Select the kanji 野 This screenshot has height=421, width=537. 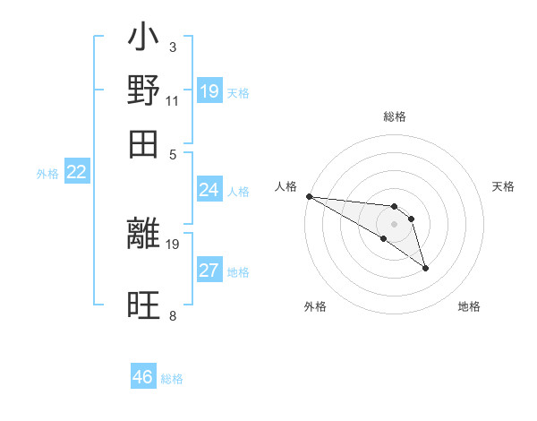pyautogui.click(x=144, y=90)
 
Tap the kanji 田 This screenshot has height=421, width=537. pyautogui.click(x=144, y=143)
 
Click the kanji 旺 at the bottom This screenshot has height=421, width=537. pyautogui.click(x=144, y=306)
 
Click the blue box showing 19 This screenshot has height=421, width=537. pyautogui.click(x=209, y=91)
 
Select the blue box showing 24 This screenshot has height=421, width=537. pyautogui.click(x=209, y=190)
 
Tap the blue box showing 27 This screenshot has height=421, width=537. pyautogui.click(x=209, y=271)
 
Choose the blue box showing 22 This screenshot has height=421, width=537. pyautogui.click(x=77, y=173)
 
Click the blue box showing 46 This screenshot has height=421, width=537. pyautogui.click(x=143, y=377)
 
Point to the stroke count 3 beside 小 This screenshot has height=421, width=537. pyautogui.click(x=172, y=47)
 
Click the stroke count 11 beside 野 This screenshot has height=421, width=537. pyautogui.click(x=172, y=100)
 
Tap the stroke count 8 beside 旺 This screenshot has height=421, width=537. pyautogui.click(x=172, y=315)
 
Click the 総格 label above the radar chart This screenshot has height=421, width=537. pyautogui.click(x=394, y=116)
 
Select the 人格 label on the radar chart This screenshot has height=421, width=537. pyautogui.click(x=286, y=186)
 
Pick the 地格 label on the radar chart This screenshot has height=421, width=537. pyautogui.click(x=469, y=306)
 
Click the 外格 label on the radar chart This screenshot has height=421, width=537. pyautogui.click(x=315, y=306)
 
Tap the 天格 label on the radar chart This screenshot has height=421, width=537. pyautogui.click(x=503, y=186)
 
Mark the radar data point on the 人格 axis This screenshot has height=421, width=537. pyautogui.click(x=309, y=196)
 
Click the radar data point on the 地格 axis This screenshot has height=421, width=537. pyautogui.click(x=425, y=268)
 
